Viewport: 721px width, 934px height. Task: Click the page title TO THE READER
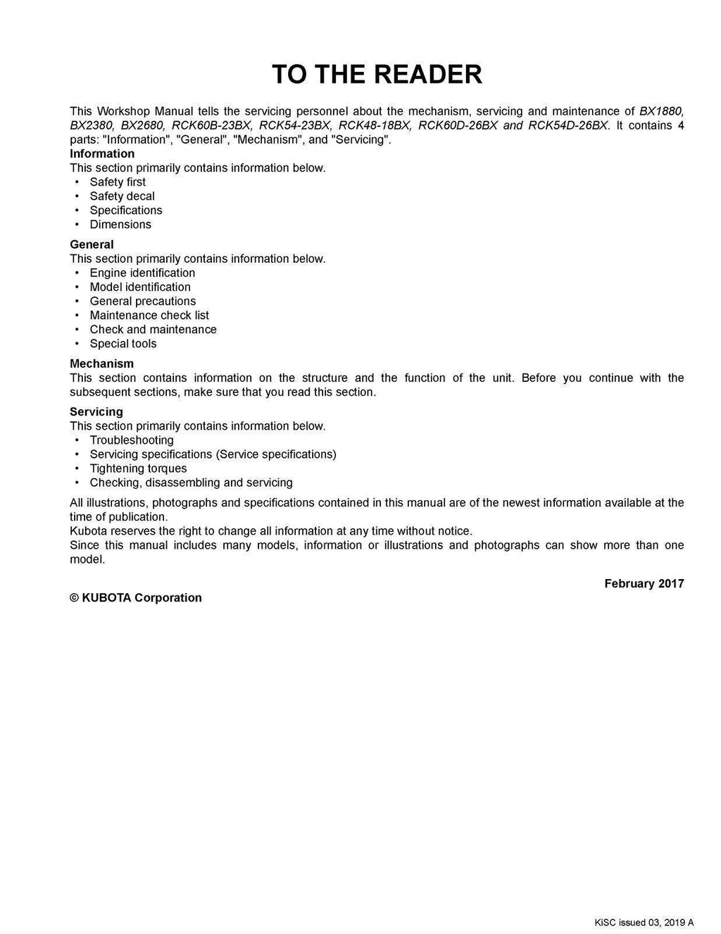pyautogui.click(x=377, y=74)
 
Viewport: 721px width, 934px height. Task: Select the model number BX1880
pyautogui.click(x=661, y=111)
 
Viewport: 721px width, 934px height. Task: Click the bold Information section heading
pyautogui.click(x=102, y=154)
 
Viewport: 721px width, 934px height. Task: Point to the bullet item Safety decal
pyautogui.click(x=122, y=196)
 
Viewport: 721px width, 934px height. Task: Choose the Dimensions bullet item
pyautogui.click(x=120, y=224)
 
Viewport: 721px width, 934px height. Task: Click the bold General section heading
pyautogui.click(x=92, y=244)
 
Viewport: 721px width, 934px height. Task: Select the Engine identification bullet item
pyautogui.click(x=142, y=273)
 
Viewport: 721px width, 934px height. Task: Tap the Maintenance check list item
pyautogui.click(x=149, y=315)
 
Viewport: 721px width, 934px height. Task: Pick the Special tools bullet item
pyautogui.click(x=123, y=344)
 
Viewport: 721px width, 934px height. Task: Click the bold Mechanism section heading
pyautogui.click(x=101, y=363)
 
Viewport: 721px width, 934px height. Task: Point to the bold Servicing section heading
pyautogui.click(x=96, y=411)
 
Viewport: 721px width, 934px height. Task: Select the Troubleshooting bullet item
pyautogui.click(x=132, y=440)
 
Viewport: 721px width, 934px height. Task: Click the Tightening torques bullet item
pyautogui.click(x=138, y=468)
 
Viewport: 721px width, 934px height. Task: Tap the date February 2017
pyautogui.click(x=644, y=583)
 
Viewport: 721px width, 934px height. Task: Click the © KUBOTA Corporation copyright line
pyautogui.click(x=136, y=597)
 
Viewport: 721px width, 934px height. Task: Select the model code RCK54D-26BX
pyautogui.click(x=568, y=125)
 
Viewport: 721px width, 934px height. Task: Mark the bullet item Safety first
pyautogui.click(x=118, y=182)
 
